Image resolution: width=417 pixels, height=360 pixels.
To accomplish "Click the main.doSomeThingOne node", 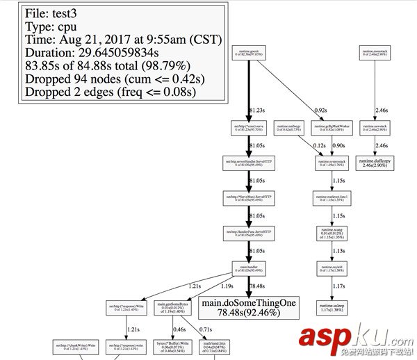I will pos(247,308).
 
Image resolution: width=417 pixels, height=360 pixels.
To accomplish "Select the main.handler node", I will pos(248,268).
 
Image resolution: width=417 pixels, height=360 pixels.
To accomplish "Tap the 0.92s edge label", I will pos(321,109).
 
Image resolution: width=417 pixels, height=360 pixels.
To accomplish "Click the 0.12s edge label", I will pos(320,145).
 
